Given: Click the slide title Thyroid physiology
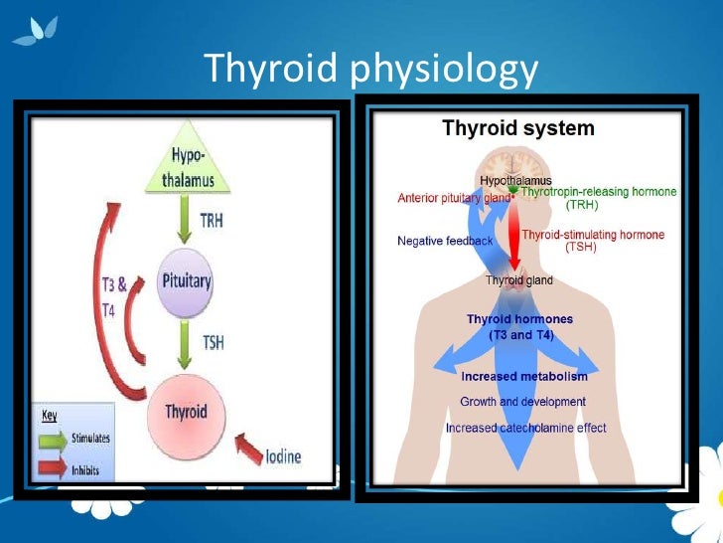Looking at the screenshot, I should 370,68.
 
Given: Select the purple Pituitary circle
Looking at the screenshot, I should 187,281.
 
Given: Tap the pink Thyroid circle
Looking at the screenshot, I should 186,411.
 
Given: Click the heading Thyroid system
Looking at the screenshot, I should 517,128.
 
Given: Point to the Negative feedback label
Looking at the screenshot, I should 444,241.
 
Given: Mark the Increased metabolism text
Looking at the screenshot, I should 524,377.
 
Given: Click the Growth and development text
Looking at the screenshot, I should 522,402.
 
